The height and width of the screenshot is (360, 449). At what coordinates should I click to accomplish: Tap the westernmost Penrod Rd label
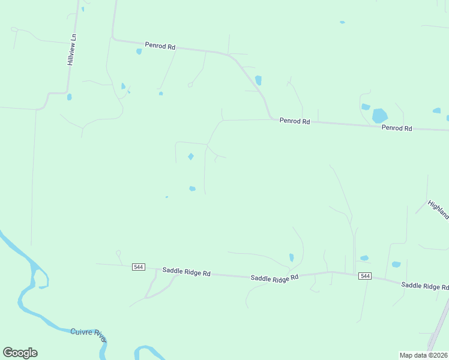[160, 46]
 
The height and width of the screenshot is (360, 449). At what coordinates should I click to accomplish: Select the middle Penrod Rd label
[294, 121]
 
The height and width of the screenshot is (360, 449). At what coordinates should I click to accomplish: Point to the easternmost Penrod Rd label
[397, 128]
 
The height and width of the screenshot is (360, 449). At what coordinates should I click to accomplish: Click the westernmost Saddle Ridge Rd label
[186, 273]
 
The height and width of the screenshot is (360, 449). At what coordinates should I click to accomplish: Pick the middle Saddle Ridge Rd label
[274, 278]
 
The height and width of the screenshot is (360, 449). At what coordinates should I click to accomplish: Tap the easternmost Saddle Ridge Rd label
[424, 286]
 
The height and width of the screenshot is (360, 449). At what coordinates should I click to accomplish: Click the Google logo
[20, 353]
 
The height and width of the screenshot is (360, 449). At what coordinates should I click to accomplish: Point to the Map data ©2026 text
[423, 355]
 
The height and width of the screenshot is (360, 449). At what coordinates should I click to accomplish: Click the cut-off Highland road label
[439, 209]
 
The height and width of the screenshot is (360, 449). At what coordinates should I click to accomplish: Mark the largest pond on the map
[379, 115]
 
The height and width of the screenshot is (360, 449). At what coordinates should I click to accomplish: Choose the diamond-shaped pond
[191, 157]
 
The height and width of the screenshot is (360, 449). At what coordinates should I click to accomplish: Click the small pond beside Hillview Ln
[69, 97]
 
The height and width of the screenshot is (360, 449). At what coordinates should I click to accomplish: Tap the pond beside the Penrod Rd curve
[258, 80]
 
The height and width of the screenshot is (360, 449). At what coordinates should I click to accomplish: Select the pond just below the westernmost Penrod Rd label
[139, 52]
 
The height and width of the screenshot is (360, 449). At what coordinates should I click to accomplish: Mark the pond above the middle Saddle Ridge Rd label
[291, 257]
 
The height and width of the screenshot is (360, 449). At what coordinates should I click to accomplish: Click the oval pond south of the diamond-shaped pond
[192, 188]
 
